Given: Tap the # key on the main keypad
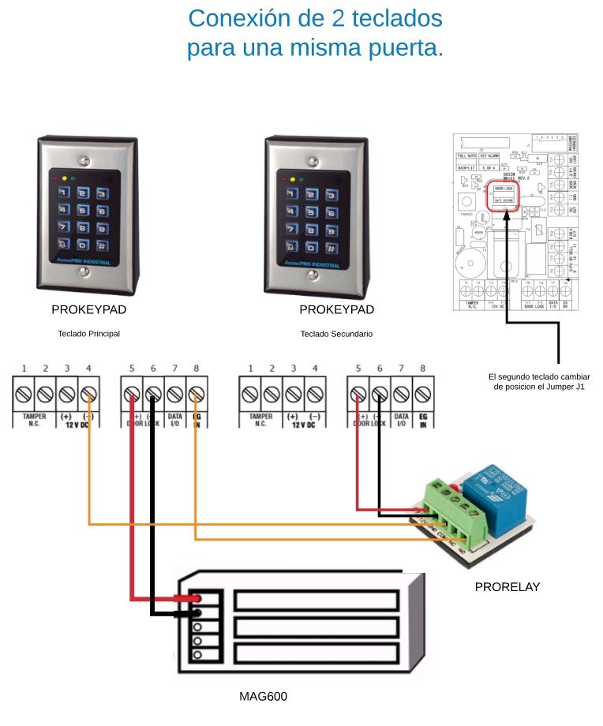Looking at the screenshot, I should [x=103, y=245].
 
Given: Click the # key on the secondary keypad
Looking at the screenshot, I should [x=330, y=245].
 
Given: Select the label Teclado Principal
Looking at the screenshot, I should [x=88, y=334].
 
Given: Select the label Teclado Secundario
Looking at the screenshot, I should [x=336, y=334].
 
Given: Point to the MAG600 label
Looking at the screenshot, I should [x=263, y=697].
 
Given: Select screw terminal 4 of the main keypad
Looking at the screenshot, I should [x=88, y=393].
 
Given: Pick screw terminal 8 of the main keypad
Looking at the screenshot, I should [x=197, y=393].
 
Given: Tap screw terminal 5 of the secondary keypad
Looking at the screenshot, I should [x=359, y=393].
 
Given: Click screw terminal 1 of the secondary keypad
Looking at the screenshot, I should [x=251, y=393].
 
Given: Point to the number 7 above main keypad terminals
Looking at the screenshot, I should [x=174, y=369].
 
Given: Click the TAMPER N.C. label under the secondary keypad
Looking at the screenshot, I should [x=260, y=420].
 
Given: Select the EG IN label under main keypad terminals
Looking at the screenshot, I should [x=197, y=420].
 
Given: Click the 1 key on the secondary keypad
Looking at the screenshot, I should [x=290, y=193].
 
